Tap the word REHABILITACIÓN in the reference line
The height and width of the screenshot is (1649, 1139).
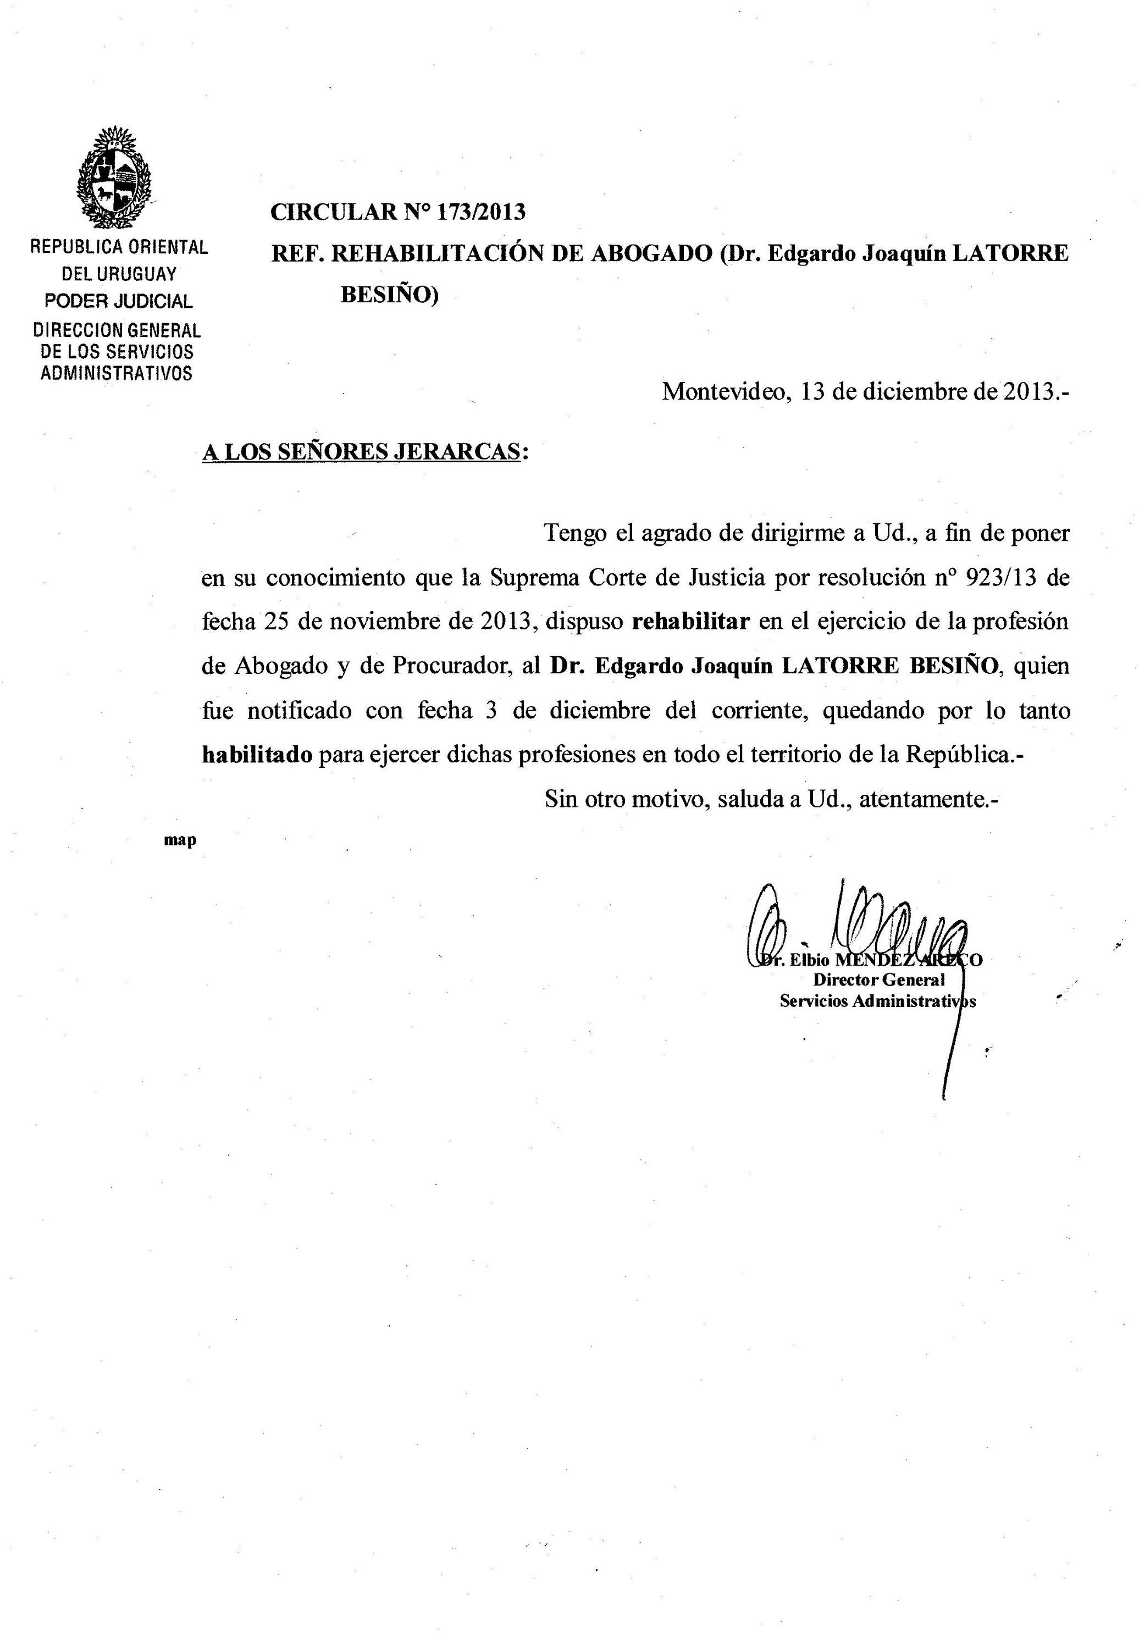coord(439,253)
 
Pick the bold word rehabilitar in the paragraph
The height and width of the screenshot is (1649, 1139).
coord(691,622)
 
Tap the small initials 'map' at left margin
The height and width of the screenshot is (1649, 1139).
coord(180,840)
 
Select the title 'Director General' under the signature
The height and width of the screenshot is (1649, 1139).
coord(878,981)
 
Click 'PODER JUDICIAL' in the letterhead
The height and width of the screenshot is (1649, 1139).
coord(119,301)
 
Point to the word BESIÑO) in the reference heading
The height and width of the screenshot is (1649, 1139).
coord(389,294)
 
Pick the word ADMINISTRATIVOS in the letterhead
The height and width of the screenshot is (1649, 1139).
coord(117,373)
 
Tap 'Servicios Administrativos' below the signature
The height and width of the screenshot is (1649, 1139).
coord(877,1001)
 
